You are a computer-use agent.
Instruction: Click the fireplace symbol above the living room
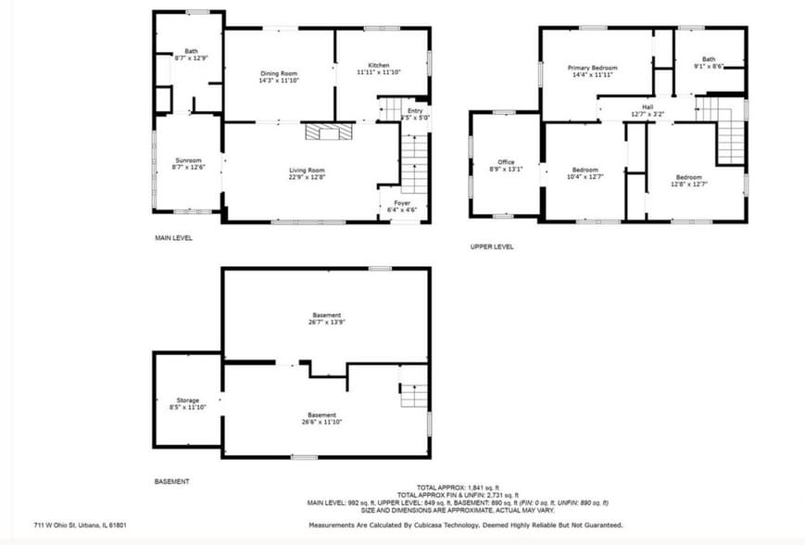[x=329, y=132]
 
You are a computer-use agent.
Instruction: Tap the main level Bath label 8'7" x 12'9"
[x=191, y=54]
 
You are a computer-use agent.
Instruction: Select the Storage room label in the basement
[x=188, y=403]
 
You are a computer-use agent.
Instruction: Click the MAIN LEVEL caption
[x=173, y=238]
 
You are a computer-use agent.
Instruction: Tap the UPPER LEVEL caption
[x=492, y=247]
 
